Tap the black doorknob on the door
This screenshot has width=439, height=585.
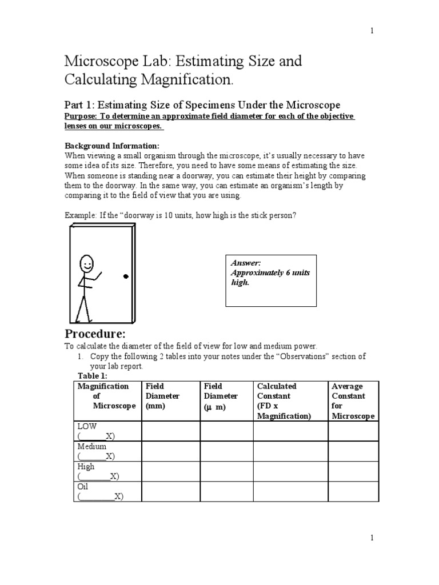pyautogui.click(x=126, y=277)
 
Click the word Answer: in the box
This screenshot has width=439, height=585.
pyautogui.click(x=246, y=263)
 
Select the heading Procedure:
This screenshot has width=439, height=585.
pyautogui.click(x=94, y=334)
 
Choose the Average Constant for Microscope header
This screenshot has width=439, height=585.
pyautogui.click(x=353, y=401)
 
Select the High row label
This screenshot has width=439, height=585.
pyautogui.click(x=86, y=466)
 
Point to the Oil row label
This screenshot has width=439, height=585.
pyautogui.click(x=83, y=486)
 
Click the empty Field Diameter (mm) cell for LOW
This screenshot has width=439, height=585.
pyautogui.click(x=170, y=431)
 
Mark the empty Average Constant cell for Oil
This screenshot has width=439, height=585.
pyautogui.click(x=353, y=491)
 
